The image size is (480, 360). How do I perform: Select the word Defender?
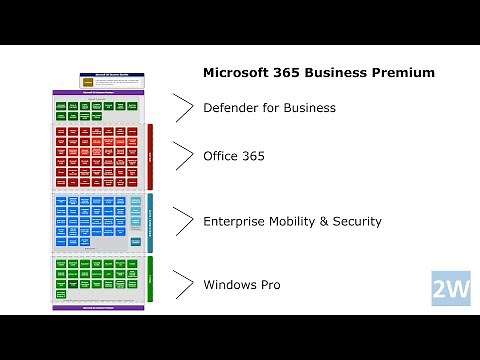[231, 107]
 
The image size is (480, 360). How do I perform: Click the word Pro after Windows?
[272, 285]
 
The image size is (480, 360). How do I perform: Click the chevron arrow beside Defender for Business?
[183, 107]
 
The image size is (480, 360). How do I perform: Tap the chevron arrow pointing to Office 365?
[183, 156]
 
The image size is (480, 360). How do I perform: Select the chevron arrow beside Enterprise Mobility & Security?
[183, 221]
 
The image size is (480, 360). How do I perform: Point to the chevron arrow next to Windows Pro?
[183, 285]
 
